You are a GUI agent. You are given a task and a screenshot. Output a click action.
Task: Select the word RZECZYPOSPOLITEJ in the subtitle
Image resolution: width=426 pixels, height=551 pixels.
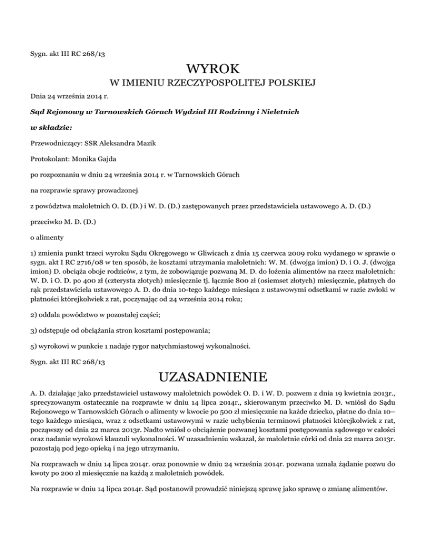click(214, 84)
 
